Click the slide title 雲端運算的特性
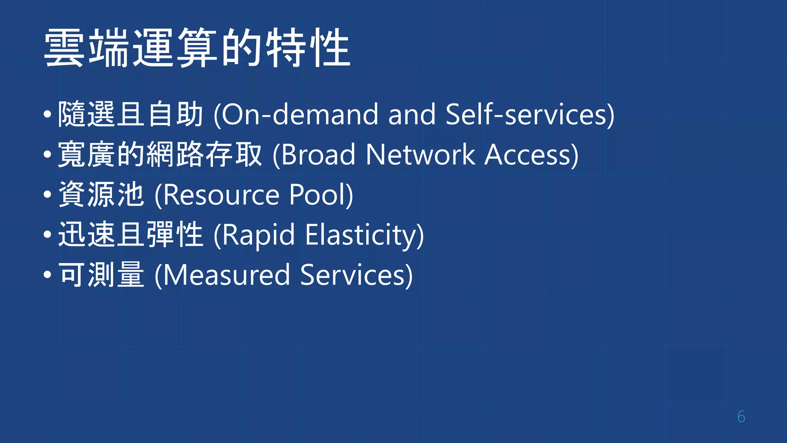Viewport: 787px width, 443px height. (197, 48)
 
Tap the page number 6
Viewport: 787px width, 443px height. (741, 417)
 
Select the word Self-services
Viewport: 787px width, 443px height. (527, 115)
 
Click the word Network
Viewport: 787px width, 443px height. (420, 155)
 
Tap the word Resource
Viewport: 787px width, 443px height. (221, 195)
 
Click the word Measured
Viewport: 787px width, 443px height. (227, 275)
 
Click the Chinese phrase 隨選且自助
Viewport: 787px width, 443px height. (130, 114)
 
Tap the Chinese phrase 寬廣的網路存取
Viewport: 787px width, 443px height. (160, 155)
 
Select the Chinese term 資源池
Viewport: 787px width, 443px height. (101, 195)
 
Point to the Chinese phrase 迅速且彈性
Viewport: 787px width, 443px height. (130, 235)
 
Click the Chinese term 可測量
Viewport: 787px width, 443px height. (101, 275)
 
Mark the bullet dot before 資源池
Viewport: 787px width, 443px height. (47, 195)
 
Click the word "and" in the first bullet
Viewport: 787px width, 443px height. (412, 115)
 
